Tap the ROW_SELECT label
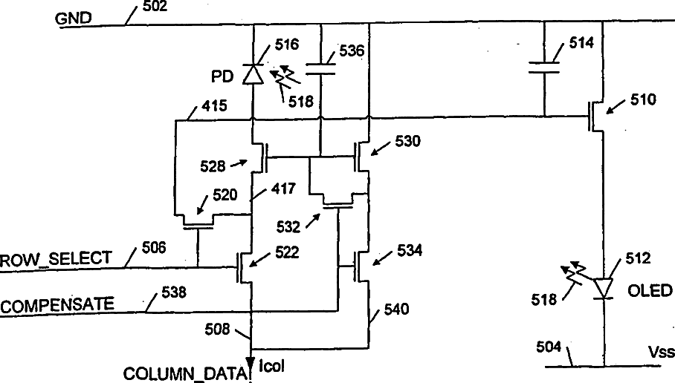tap(56, 260)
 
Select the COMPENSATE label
tap(57, 304)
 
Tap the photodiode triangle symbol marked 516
tap(254, 73)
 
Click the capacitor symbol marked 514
tap(545, 68)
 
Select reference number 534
tap(410, 251)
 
